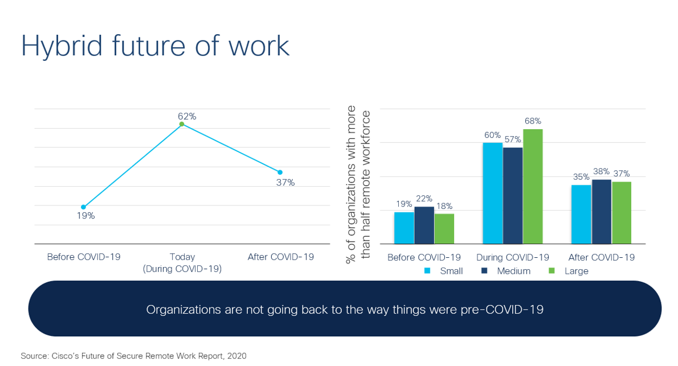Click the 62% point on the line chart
(182, 124)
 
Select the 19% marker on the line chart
(84, 207)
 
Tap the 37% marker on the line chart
(280, 172)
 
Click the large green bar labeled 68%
(533, 187)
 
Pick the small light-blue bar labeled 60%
(492, 194)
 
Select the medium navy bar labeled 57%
(513, 196)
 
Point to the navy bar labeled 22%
(424, 225)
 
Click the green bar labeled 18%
(444, 229)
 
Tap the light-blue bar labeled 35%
(581, 215)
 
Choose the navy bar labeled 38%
(602, 212)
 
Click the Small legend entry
(445, 271)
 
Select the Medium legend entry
(507, 271)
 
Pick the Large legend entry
(569, 271)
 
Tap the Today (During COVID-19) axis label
(182, 262)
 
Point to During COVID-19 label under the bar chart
(513, 257)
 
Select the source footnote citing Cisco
(133, 356)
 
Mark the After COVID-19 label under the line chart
(280, 257)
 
